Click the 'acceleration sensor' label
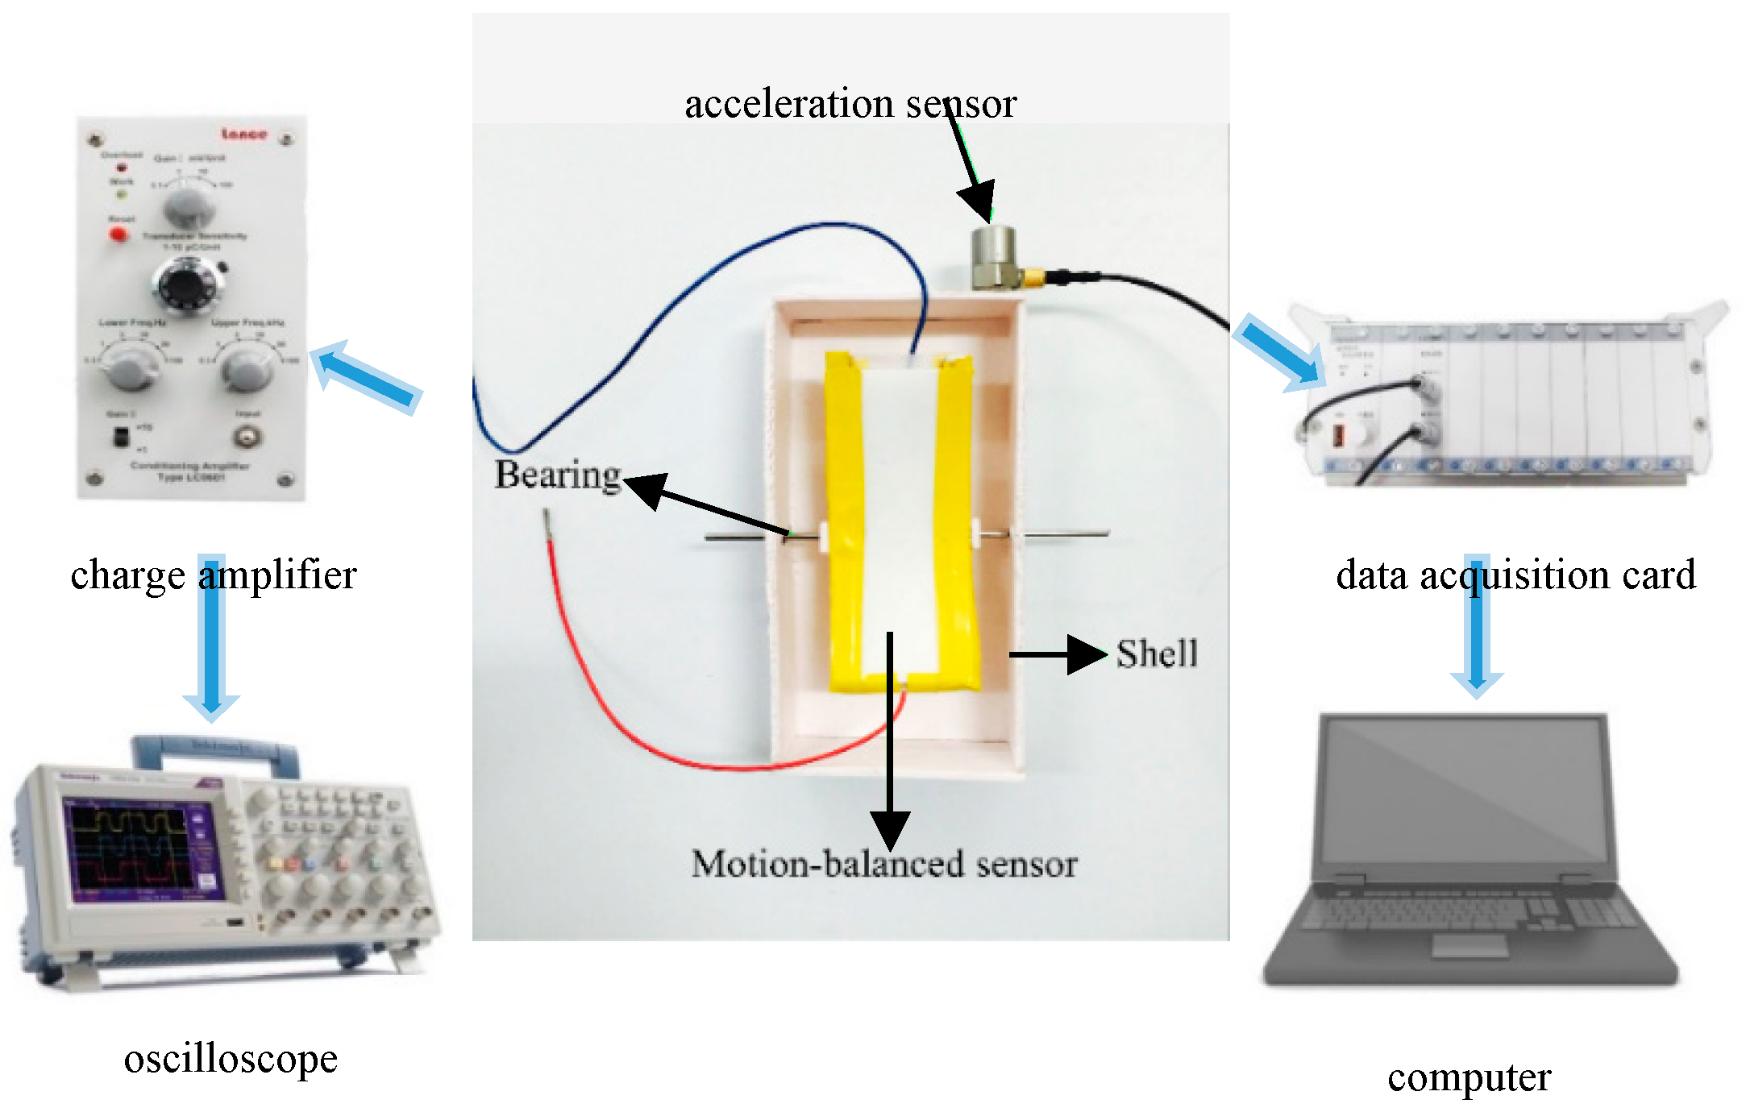[x=850, y=104]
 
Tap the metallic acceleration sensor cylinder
[x=992, y=256]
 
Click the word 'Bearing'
[x=558, y=475]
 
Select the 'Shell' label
[x=1157, y=654]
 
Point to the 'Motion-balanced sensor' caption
[x=884, y=864]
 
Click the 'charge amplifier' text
[x=213, y=575]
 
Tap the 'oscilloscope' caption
[x=231, y=1058]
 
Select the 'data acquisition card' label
[x=1515, y=575]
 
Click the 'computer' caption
[x=1469, y=1077]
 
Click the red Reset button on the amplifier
[x=119, y=234]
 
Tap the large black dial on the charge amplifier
[x=185, y=286]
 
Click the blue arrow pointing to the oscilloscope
[x=211, y=637]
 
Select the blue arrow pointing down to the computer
[x=1477, y=625]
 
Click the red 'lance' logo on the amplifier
[x=244, y=134]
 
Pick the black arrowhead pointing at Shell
[x=1085, y=654]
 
